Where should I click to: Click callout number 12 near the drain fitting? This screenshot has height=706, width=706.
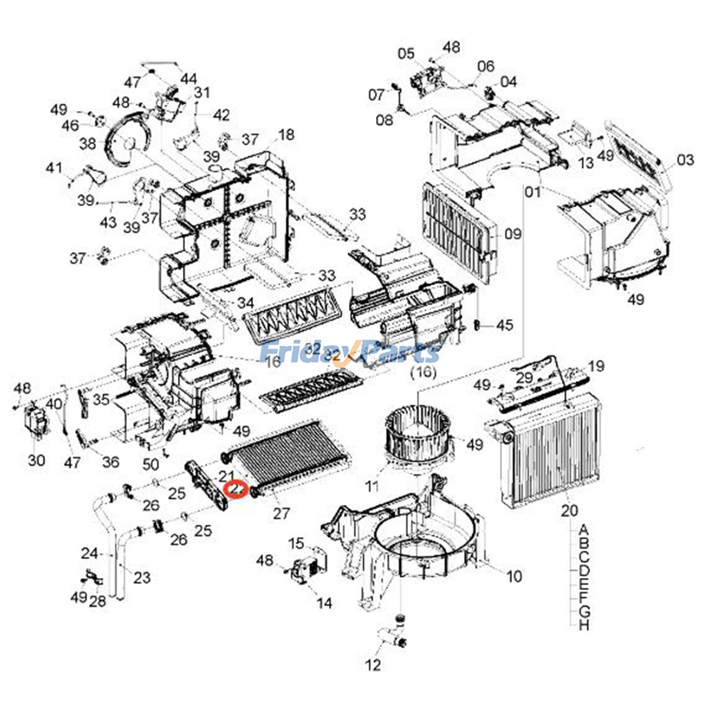pyautogui.click(x=373, y=665)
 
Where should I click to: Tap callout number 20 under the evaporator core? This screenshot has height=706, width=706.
pyautogui.click(x=569, y=511)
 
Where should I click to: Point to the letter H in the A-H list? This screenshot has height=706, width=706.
pyautogui.click(x=584, y=625)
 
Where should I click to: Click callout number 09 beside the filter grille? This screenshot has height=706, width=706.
pyautogui.click(x=513, y=234)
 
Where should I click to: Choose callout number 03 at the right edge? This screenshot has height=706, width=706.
pyautogui.click(x=685, y=160)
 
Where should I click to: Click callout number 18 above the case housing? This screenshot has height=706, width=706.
pyautogui.click(x=286, y=135)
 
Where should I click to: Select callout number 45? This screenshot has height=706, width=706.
pyautogui.click(x=505, y=325)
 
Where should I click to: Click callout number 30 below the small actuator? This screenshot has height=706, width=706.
pyautogui.click(x=36, y=460)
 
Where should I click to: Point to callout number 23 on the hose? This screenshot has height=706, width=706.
pyautogui.click(x=142, y=577)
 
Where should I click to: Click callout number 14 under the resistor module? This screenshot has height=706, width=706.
pyautogui.click(x=324, y=603)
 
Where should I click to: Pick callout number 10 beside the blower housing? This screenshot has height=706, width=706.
pyautogui.click(x=514, y=576)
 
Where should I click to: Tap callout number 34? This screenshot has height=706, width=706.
pyautogui.click(x=245, y=303)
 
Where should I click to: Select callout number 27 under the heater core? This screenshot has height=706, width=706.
pyautogui.click(x=281, y=513)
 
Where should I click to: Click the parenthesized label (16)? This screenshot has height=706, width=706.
pyautogui.click(x=423, y=372)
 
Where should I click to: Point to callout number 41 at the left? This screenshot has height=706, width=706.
pyautogui.click(x=54, y=168)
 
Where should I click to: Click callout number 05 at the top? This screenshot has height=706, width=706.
pyautogui.click(x=406, y=54)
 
